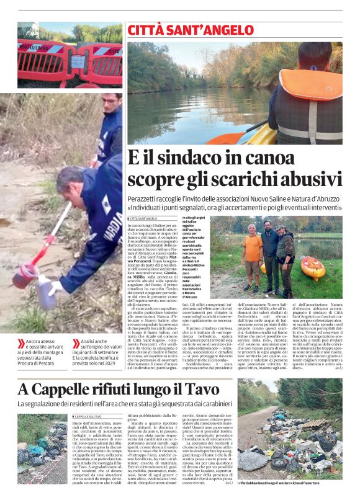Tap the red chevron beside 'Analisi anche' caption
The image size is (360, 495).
[x=76, y=343]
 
